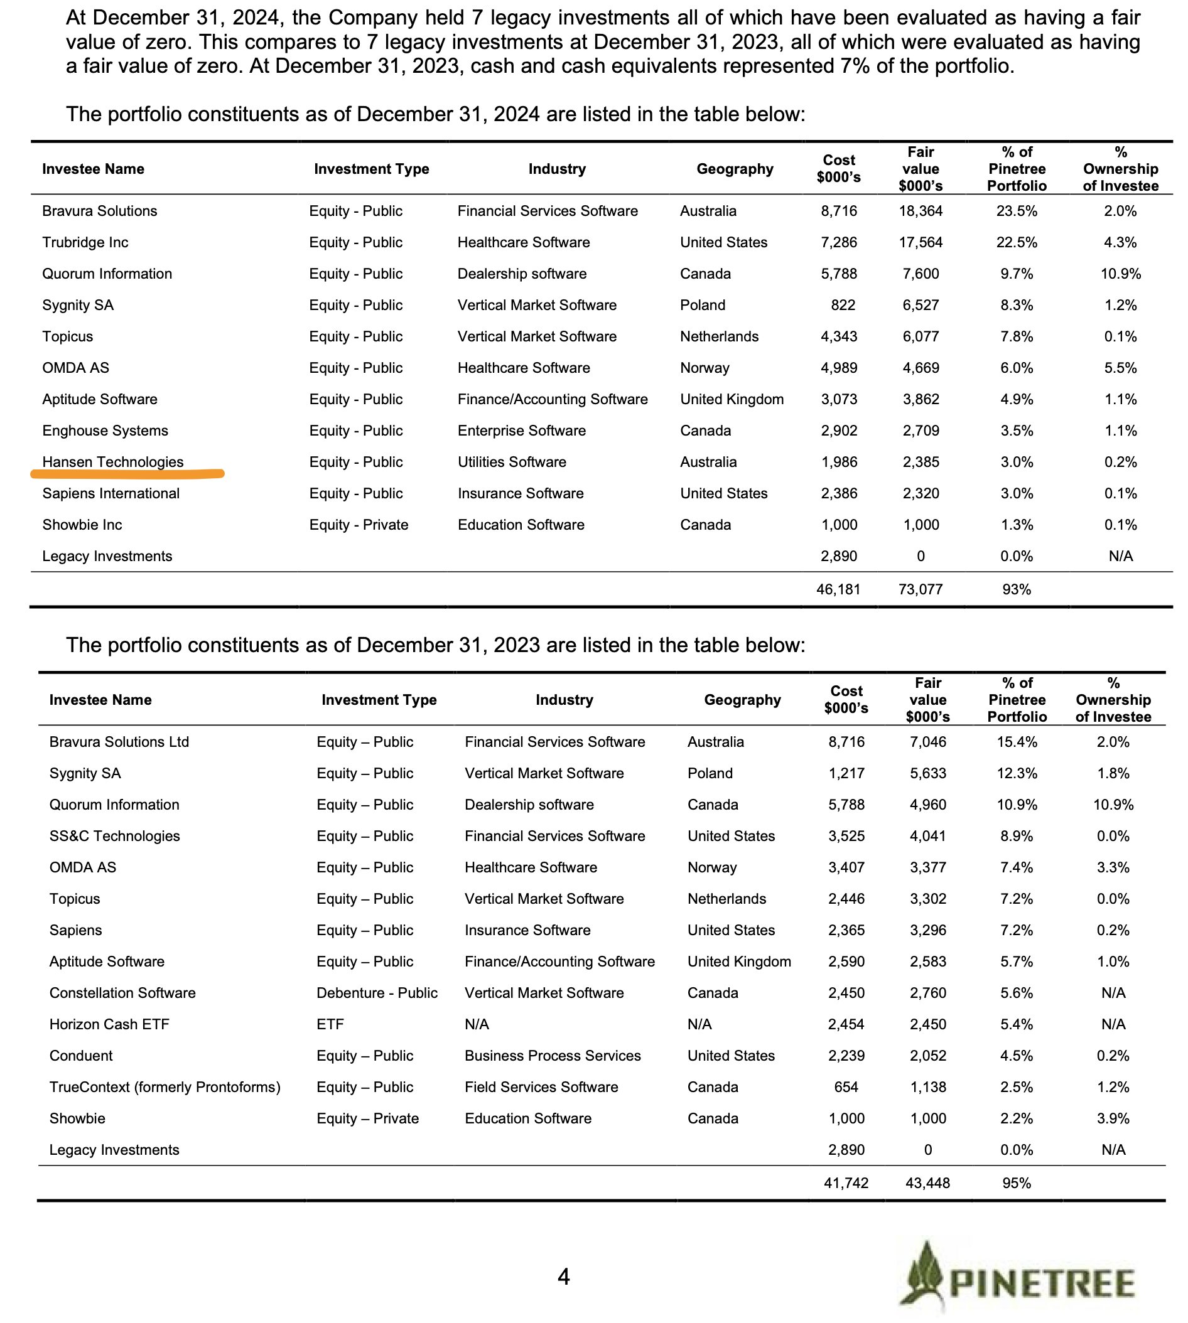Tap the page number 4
click(564, 1276)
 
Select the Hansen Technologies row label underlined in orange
click(113, 462)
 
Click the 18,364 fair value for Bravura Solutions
click(921, 211)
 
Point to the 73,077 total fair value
click(921, 590)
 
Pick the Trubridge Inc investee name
click(85, 242)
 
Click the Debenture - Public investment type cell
click(377, 992)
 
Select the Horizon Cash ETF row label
click(109, 1024)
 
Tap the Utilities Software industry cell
click(512, 462)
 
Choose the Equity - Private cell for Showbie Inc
click(359, 525)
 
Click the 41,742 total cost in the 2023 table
click(846, 1183)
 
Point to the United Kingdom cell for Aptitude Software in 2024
click(732, 399)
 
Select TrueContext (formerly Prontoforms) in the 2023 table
click(165, 1086)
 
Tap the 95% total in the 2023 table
click(1017, 1183)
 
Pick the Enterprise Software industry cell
click(522, 431)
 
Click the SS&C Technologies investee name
click(114, 836)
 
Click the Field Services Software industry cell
click(541, 1086)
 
